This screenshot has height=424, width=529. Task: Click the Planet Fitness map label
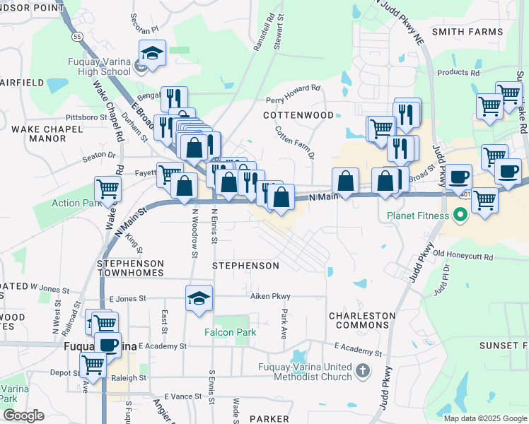[417, 215]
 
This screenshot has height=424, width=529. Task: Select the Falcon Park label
[226, 331]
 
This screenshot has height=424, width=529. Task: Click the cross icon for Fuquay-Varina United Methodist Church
[362, 370]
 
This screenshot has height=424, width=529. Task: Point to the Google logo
[23, 416]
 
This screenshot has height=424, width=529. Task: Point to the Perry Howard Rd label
[293, 93]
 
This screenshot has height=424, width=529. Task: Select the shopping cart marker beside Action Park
[107, 189]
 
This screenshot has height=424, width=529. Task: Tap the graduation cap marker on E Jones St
[199, 298]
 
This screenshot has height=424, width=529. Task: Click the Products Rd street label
[458, 72]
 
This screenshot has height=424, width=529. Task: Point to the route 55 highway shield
[77, 35]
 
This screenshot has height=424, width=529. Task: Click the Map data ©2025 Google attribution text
[485, 418]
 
